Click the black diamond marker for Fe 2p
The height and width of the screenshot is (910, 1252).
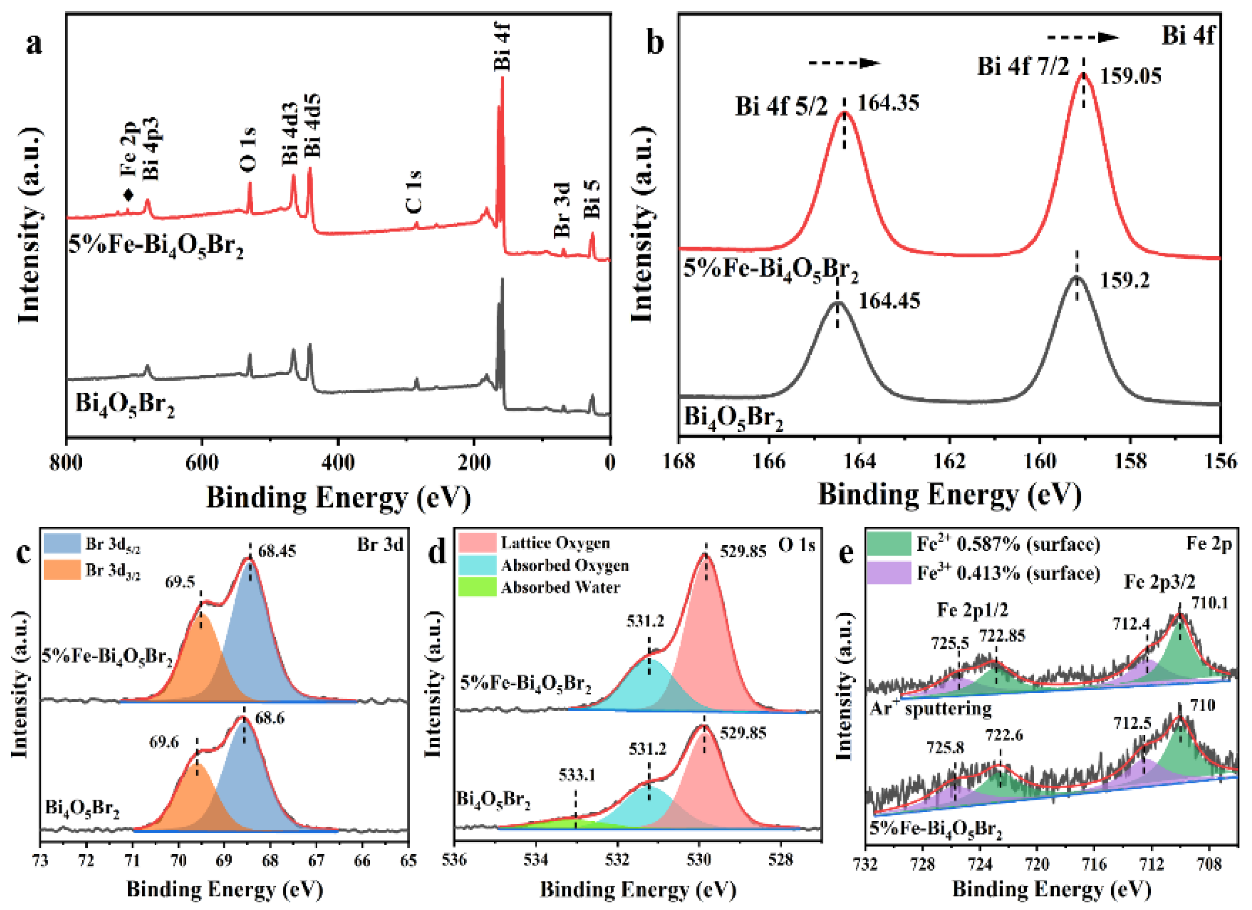[128, 194]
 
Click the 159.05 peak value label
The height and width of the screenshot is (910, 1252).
[1130, 76]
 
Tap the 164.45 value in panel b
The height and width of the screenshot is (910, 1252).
[889, 301]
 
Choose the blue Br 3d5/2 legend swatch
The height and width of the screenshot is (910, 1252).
[62, 544]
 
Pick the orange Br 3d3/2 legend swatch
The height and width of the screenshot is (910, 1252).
[62, 569]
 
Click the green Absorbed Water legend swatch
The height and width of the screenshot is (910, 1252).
[477, 588]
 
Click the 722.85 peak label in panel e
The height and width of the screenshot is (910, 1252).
[1002, 636]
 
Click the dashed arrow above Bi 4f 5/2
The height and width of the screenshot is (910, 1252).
[844, 63]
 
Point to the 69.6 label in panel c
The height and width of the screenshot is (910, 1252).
[164, 742]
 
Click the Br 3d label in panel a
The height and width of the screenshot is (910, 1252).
[562, 210]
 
